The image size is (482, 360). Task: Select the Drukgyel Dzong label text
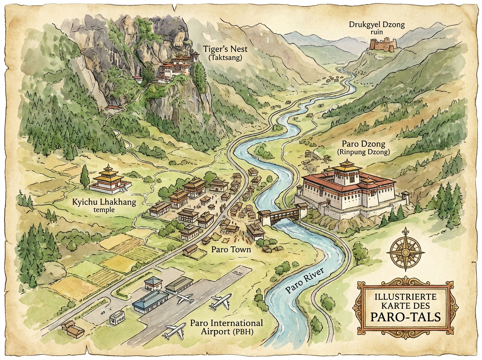click(376, 25)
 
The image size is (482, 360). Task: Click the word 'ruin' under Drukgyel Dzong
click(377, 33)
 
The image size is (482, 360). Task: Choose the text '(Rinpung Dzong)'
click(364, 152)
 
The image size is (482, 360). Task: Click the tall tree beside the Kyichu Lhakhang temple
click(85, 177)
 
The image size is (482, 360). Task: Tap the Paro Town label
click(231, 250)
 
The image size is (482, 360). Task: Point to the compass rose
click(405, 252)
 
